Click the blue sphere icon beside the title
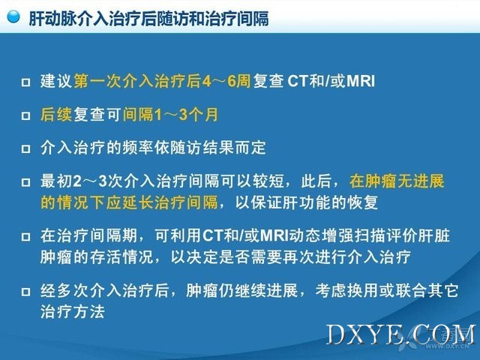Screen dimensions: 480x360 click(13, 16)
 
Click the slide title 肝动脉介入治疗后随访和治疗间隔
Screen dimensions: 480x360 click(148, 18)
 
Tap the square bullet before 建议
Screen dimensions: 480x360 click(26, 82)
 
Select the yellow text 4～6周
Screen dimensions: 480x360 click(226, 82)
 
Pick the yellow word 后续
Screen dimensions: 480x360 click(56, 115)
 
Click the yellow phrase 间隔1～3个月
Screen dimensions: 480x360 click(170, 115)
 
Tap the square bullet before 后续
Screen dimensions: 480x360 click(26, 115)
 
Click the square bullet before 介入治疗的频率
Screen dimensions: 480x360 click(26, 148)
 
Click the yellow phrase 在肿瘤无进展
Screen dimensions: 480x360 click(397, 181)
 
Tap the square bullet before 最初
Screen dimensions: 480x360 click(26, 182)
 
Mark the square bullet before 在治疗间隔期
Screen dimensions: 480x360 click(26, 237)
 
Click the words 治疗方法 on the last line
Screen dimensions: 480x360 click(73, 312)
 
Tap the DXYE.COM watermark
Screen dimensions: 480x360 click(401, 335)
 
